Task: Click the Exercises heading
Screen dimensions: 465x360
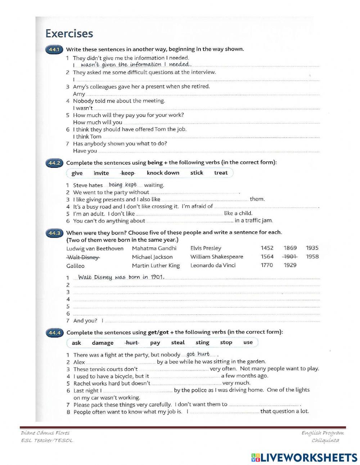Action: pyautogui.click(x=69, y=33)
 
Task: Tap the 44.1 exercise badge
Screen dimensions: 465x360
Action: pyautogui.click(x=54, y=49)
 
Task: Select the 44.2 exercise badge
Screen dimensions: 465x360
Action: pyautogui.click(x=54, y=163)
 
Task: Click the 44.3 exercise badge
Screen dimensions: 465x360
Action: pyautogui.click(x=54, y=233)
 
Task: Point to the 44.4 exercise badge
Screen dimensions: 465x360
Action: pyautogui.click(x=54, y=332)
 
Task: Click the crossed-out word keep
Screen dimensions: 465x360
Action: pyautogui.click(x=128, y=173)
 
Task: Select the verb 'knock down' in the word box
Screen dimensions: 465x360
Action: pyautogui.click(x=163, y=173)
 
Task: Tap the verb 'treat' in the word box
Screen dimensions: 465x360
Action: pyautogui.click(x=221, y=173)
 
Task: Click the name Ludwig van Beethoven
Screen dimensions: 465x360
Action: pyautogui.click(x=95, y=249)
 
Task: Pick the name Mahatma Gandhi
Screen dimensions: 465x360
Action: pyautogui.click(x=154, y=248)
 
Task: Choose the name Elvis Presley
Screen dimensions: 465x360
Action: pyautogui.click(x=206, y=248)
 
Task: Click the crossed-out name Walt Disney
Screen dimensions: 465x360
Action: pyautogui.click(x=83, y=257)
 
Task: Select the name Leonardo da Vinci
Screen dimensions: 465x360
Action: pyautogui.click(x=213, y=265)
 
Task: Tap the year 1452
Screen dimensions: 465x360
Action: pyautogui.click(x=267, y=248)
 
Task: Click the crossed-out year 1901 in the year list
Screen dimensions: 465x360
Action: pyautogui.click(x=290, y=257)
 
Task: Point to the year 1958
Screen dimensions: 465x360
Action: pyautogui.click(x=312, y=257)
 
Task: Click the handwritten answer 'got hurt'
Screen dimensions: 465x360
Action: pyautogui.click(x=198, y=354)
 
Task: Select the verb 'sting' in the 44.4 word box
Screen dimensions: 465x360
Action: pyautogui.click(x=202, y=343)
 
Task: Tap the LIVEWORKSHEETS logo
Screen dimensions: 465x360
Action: pyautogui.click(x=304, y=457)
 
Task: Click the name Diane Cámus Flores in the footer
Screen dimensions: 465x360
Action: pyautogui.click(x=45, y=433)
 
